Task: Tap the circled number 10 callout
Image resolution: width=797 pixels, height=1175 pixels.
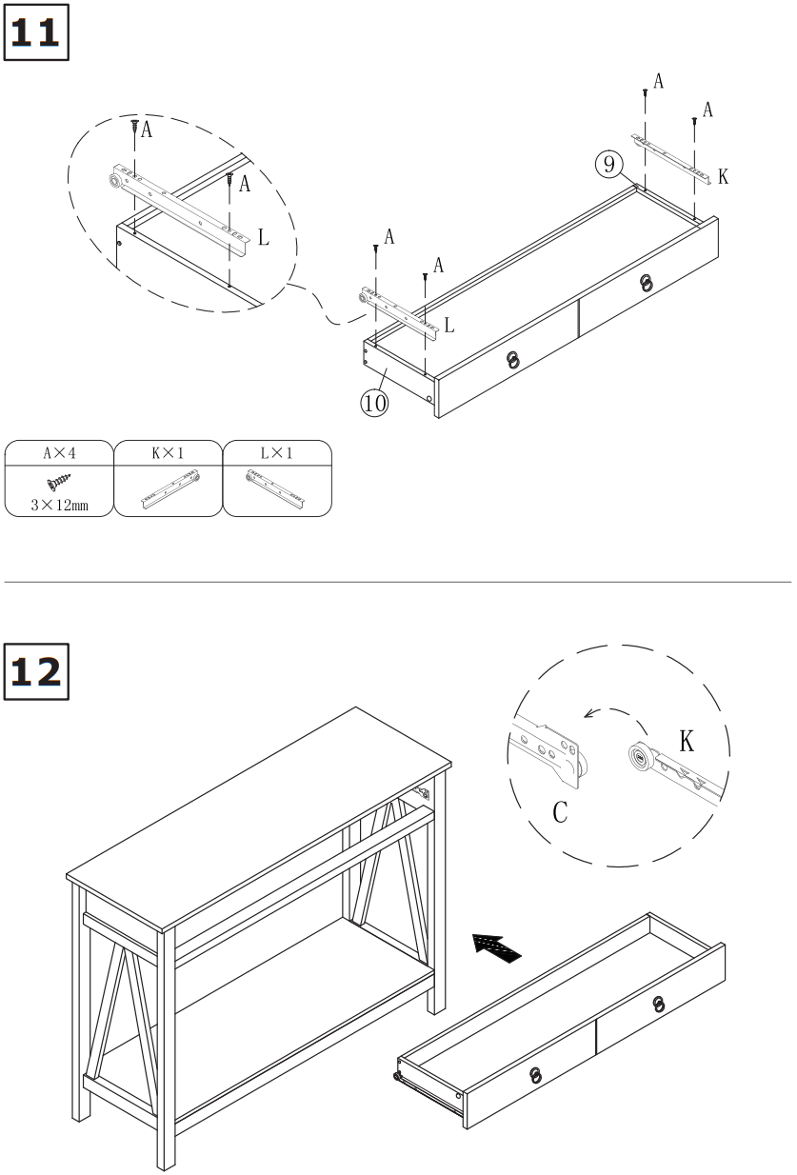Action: [374, 403]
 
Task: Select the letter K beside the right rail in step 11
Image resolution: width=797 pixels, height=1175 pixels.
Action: [724, 177]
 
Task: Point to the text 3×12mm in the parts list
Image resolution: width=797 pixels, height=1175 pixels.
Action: [59, 505]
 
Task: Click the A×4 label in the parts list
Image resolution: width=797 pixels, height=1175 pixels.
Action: [59, 453]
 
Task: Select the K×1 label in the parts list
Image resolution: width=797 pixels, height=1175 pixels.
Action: [168, 453]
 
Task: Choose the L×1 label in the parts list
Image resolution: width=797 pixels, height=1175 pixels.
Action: [277, 453]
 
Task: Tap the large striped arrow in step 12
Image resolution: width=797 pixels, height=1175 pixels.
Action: [498, 946]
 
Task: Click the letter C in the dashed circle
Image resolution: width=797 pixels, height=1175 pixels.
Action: [561, 812]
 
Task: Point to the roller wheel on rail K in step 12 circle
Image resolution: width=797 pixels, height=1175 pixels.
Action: [637, 759]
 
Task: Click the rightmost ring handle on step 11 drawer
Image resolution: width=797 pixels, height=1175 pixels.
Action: [647, 283]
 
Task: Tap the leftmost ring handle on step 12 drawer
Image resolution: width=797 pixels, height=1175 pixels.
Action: [536, 1074]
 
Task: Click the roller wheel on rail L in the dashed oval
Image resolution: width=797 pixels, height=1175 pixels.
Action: [115, 180]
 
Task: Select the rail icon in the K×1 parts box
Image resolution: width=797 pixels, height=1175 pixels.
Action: [168, 488]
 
